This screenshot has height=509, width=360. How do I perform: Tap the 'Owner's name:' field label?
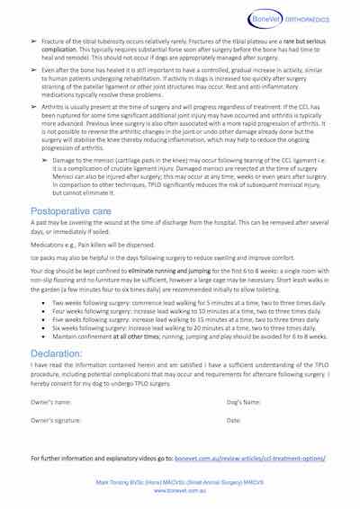click(x=51, y=401)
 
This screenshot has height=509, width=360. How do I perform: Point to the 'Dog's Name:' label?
click(x=244, y=401)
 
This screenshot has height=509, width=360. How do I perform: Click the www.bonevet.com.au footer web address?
click(x=180, y=491)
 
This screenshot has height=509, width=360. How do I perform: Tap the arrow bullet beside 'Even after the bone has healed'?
click(x=33, y=69)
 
